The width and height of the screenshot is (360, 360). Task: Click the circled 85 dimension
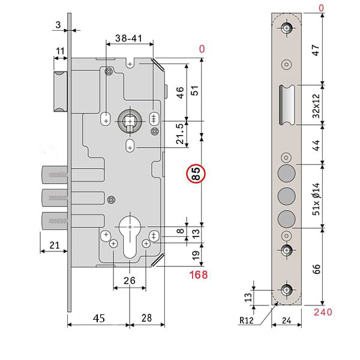[x=196, y=175]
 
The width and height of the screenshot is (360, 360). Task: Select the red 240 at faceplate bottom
[x=322, y=311]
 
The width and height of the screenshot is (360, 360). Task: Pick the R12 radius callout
[x=247, y=321]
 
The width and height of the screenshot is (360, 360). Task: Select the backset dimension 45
[x=100, y=319]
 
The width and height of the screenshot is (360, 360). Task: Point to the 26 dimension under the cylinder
[x=130, y=280]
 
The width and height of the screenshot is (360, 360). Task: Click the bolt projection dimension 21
[x=53, y=245]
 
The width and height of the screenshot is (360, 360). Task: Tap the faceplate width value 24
[x=288, y=321]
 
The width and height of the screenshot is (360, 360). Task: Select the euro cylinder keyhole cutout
[x=130, y=234]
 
